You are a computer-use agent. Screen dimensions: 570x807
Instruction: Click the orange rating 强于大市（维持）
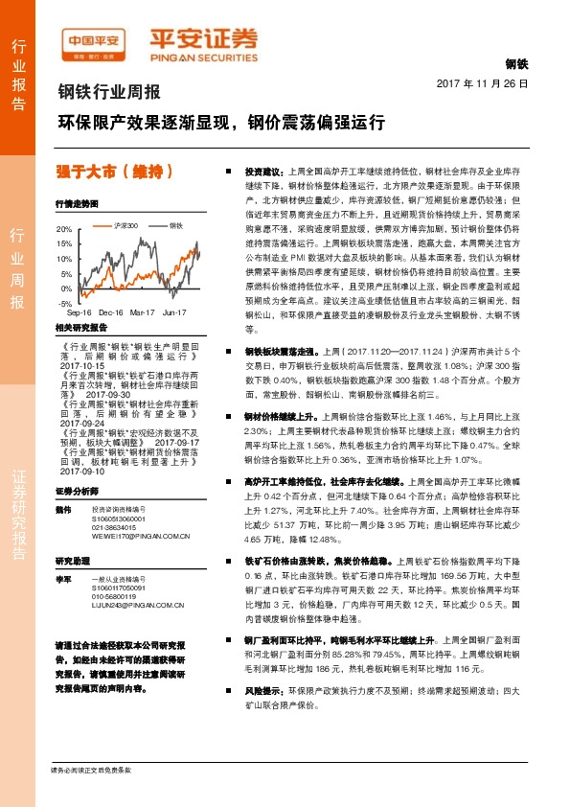coord(115,172)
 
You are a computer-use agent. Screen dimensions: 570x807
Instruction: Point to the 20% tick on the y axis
coord(63,230)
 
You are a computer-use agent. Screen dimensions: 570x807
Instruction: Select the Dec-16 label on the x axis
coord(111,312)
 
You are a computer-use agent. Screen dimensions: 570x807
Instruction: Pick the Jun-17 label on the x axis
coord(174,312)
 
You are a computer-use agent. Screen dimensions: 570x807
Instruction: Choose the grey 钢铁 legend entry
coord(176,224)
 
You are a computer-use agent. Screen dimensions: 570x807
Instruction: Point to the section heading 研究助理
coord(72,560)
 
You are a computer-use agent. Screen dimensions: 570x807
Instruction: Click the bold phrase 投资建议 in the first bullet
coord(265,170)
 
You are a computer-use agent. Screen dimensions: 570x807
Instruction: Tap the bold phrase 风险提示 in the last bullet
coord(265,716)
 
